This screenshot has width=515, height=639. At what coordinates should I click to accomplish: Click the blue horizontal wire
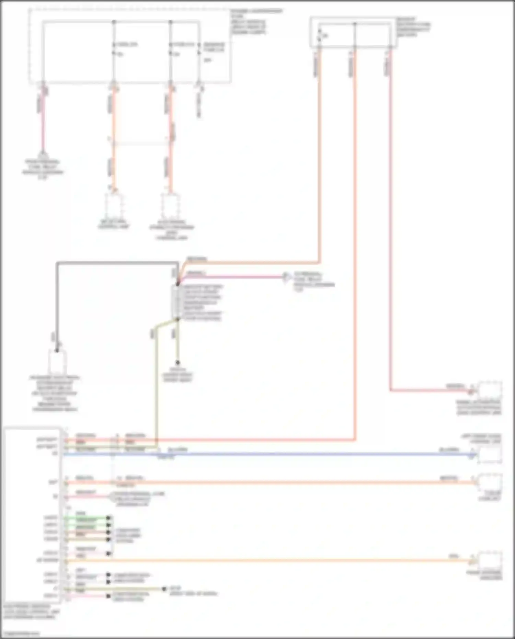pyautogui.click(x=275, y=454)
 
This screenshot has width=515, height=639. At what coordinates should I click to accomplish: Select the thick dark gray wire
pyautogui.click(x=117, y=263)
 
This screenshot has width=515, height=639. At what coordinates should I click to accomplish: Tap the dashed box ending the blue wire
pyautogui.click(x=490, y=455)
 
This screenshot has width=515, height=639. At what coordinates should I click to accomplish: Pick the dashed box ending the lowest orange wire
pyautogui.click(x=490, y=561)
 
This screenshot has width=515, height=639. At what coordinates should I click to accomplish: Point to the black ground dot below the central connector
pyautogui.click(x=178, y=363)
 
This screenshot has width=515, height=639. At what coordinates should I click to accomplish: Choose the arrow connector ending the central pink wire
pyautogui.click(x=285, y=277)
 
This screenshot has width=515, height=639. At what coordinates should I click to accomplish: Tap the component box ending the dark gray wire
pyautogui.click(x=57, y=362)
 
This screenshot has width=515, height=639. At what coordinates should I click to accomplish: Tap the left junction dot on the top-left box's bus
pyautogui.click(x=114, y=22)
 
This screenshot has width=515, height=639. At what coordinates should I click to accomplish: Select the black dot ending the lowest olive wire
pyautogui.click(x=164, y=589)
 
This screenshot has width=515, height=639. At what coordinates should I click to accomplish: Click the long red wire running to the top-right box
pyautogui.click(x=355, y=240)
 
